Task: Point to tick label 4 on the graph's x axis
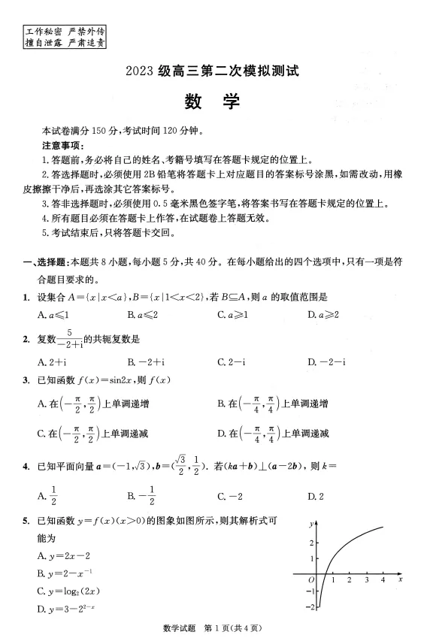coord(383,581)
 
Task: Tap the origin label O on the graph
coord(311,580)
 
